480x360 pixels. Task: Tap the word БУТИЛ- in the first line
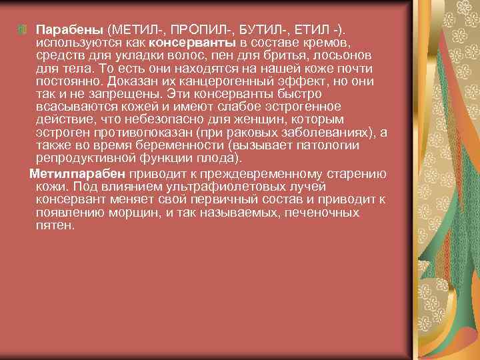tap(257, 30)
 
